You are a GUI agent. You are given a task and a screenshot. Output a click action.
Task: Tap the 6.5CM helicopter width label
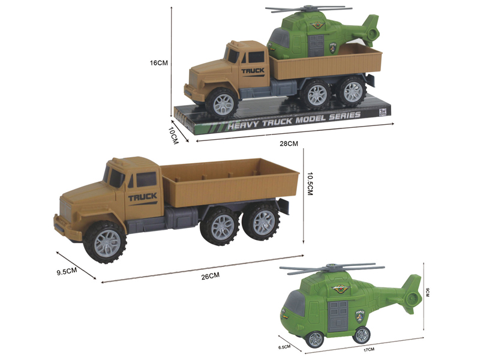point(284,346)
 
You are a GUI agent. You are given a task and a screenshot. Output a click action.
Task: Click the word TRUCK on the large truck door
point(142,197)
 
